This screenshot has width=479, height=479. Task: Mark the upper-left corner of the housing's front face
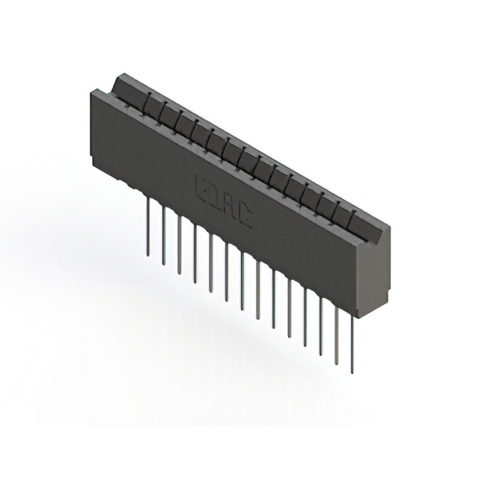pyautogui.click(x=91, y=92)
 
